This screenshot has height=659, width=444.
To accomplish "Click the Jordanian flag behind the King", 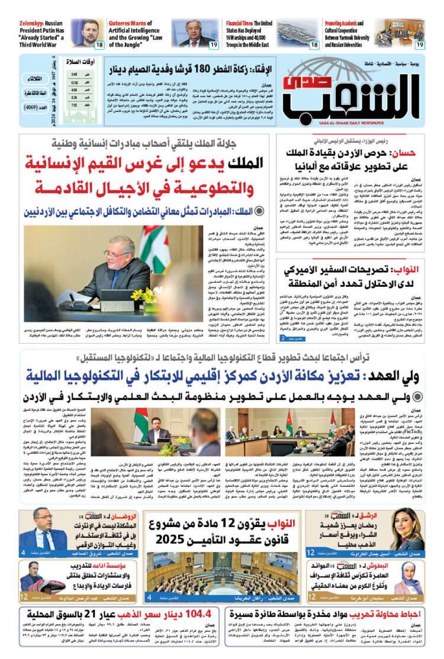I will [154, 248].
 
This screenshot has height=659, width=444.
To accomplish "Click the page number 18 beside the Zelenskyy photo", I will [98, 44].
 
